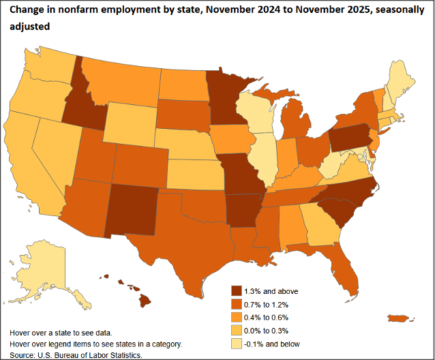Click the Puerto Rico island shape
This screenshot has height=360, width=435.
[399, 318]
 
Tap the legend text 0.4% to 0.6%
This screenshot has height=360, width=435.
[269, 318]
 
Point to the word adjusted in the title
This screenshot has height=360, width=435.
[27, 25]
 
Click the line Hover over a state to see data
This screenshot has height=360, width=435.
[61, 332]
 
